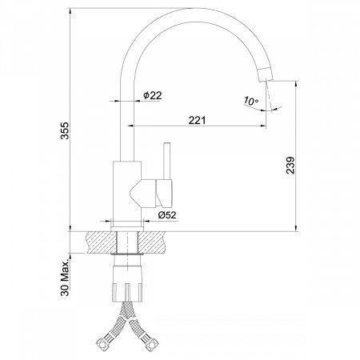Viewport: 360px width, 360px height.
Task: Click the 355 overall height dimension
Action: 65,130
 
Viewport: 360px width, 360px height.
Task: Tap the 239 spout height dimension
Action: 290,166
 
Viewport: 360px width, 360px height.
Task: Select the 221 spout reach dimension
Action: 197,120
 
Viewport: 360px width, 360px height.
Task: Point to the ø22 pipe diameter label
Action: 152,95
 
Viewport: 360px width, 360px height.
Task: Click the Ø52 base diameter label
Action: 167,215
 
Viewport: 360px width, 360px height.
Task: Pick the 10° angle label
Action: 250,102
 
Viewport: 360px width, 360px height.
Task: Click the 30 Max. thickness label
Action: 65,278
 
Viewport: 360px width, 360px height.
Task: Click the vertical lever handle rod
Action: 167,162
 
